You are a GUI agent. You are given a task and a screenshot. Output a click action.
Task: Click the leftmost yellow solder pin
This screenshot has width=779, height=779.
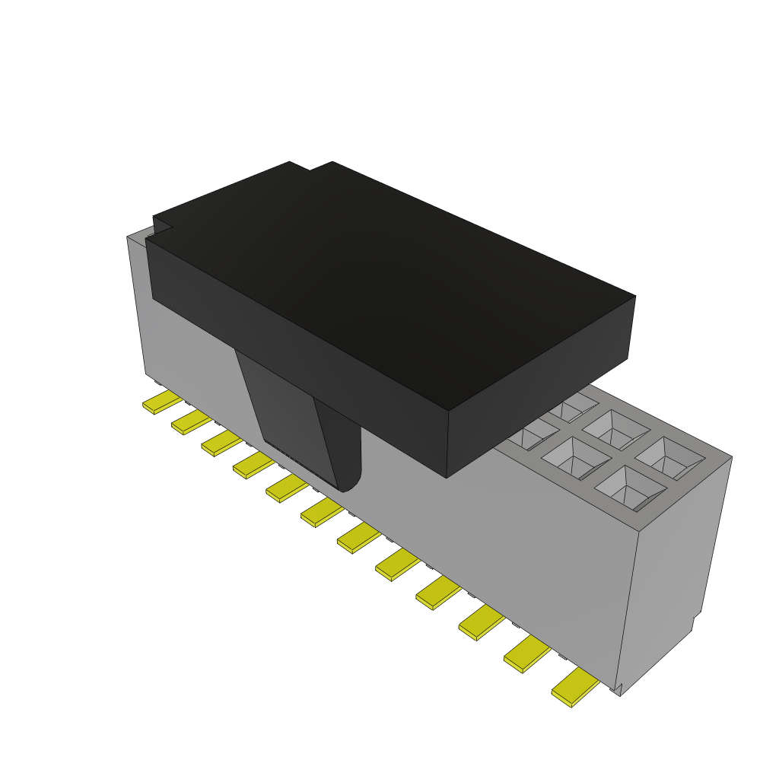point(162,402)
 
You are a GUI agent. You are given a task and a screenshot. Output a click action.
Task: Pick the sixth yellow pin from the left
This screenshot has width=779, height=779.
point(320,514)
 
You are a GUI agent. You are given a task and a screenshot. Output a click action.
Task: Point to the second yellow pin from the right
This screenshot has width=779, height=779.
point(527,654)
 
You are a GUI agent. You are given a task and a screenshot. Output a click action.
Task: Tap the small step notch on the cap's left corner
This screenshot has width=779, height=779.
point(161,226)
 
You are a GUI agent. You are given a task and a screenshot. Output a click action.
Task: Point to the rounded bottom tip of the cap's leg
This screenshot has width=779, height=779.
point(346,485)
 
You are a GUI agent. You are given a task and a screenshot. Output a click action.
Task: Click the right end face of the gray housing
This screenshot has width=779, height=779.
point(677,563)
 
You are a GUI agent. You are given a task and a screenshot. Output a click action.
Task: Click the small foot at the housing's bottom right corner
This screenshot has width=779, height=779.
point(618,689)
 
